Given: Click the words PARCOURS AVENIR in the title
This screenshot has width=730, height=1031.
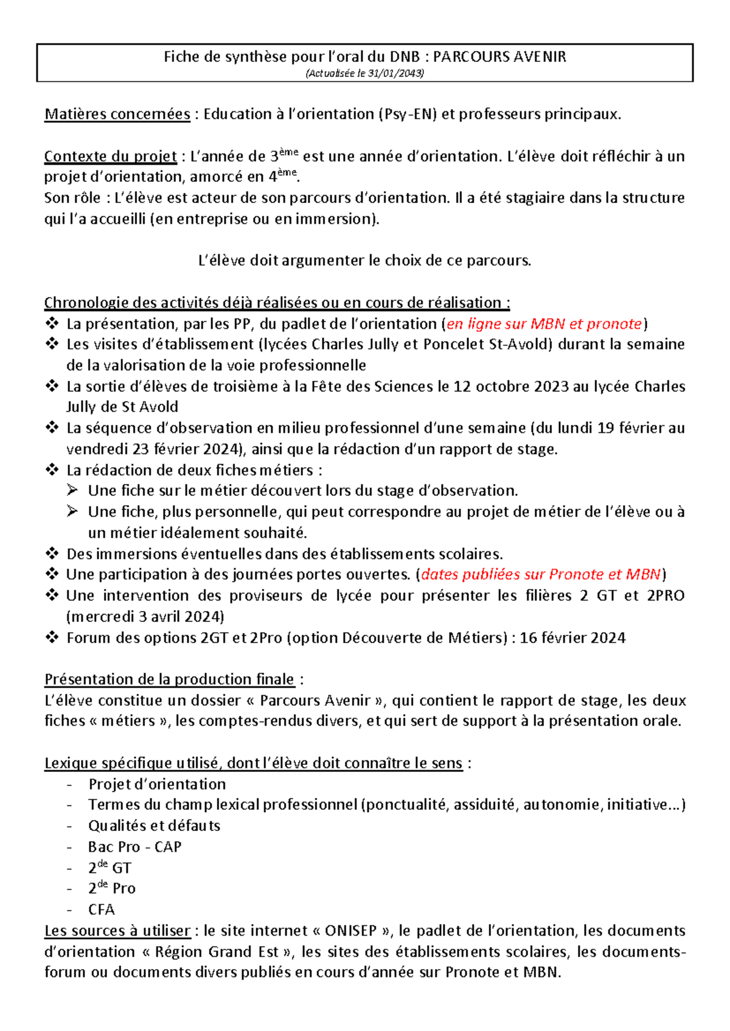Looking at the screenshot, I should click(499, 57).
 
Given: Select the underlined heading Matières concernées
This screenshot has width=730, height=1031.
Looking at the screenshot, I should click(117, 114).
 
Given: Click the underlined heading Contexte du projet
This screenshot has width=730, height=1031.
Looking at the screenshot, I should click(110, 157).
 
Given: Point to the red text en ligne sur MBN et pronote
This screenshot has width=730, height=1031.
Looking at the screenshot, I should click(544, 324).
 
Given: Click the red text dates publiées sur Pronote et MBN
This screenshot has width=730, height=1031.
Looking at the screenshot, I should click(541, 574).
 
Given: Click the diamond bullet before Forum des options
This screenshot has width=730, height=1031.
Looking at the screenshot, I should click(52, 637).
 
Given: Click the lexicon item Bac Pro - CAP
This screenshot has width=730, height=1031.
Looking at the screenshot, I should click(134, 847).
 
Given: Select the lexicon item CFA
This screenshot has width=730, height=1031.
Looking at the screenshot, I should click(101, 909).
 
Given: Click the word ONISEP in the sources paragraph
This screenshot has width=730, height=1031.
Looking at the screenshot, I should click(352, 931).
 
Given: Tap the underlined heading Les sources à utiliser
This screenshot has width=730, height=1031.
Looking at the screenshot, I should click(117, 931).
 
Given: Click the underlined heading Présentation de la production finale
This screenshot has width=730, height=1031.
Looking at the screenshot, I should click(169, 680).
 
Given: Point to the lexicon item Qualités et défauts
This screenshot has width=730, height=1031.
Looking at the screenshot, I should click(154, 826).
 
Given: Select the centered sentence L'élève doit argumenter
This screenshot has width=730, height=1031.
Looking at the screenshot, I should click(364, 261).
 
